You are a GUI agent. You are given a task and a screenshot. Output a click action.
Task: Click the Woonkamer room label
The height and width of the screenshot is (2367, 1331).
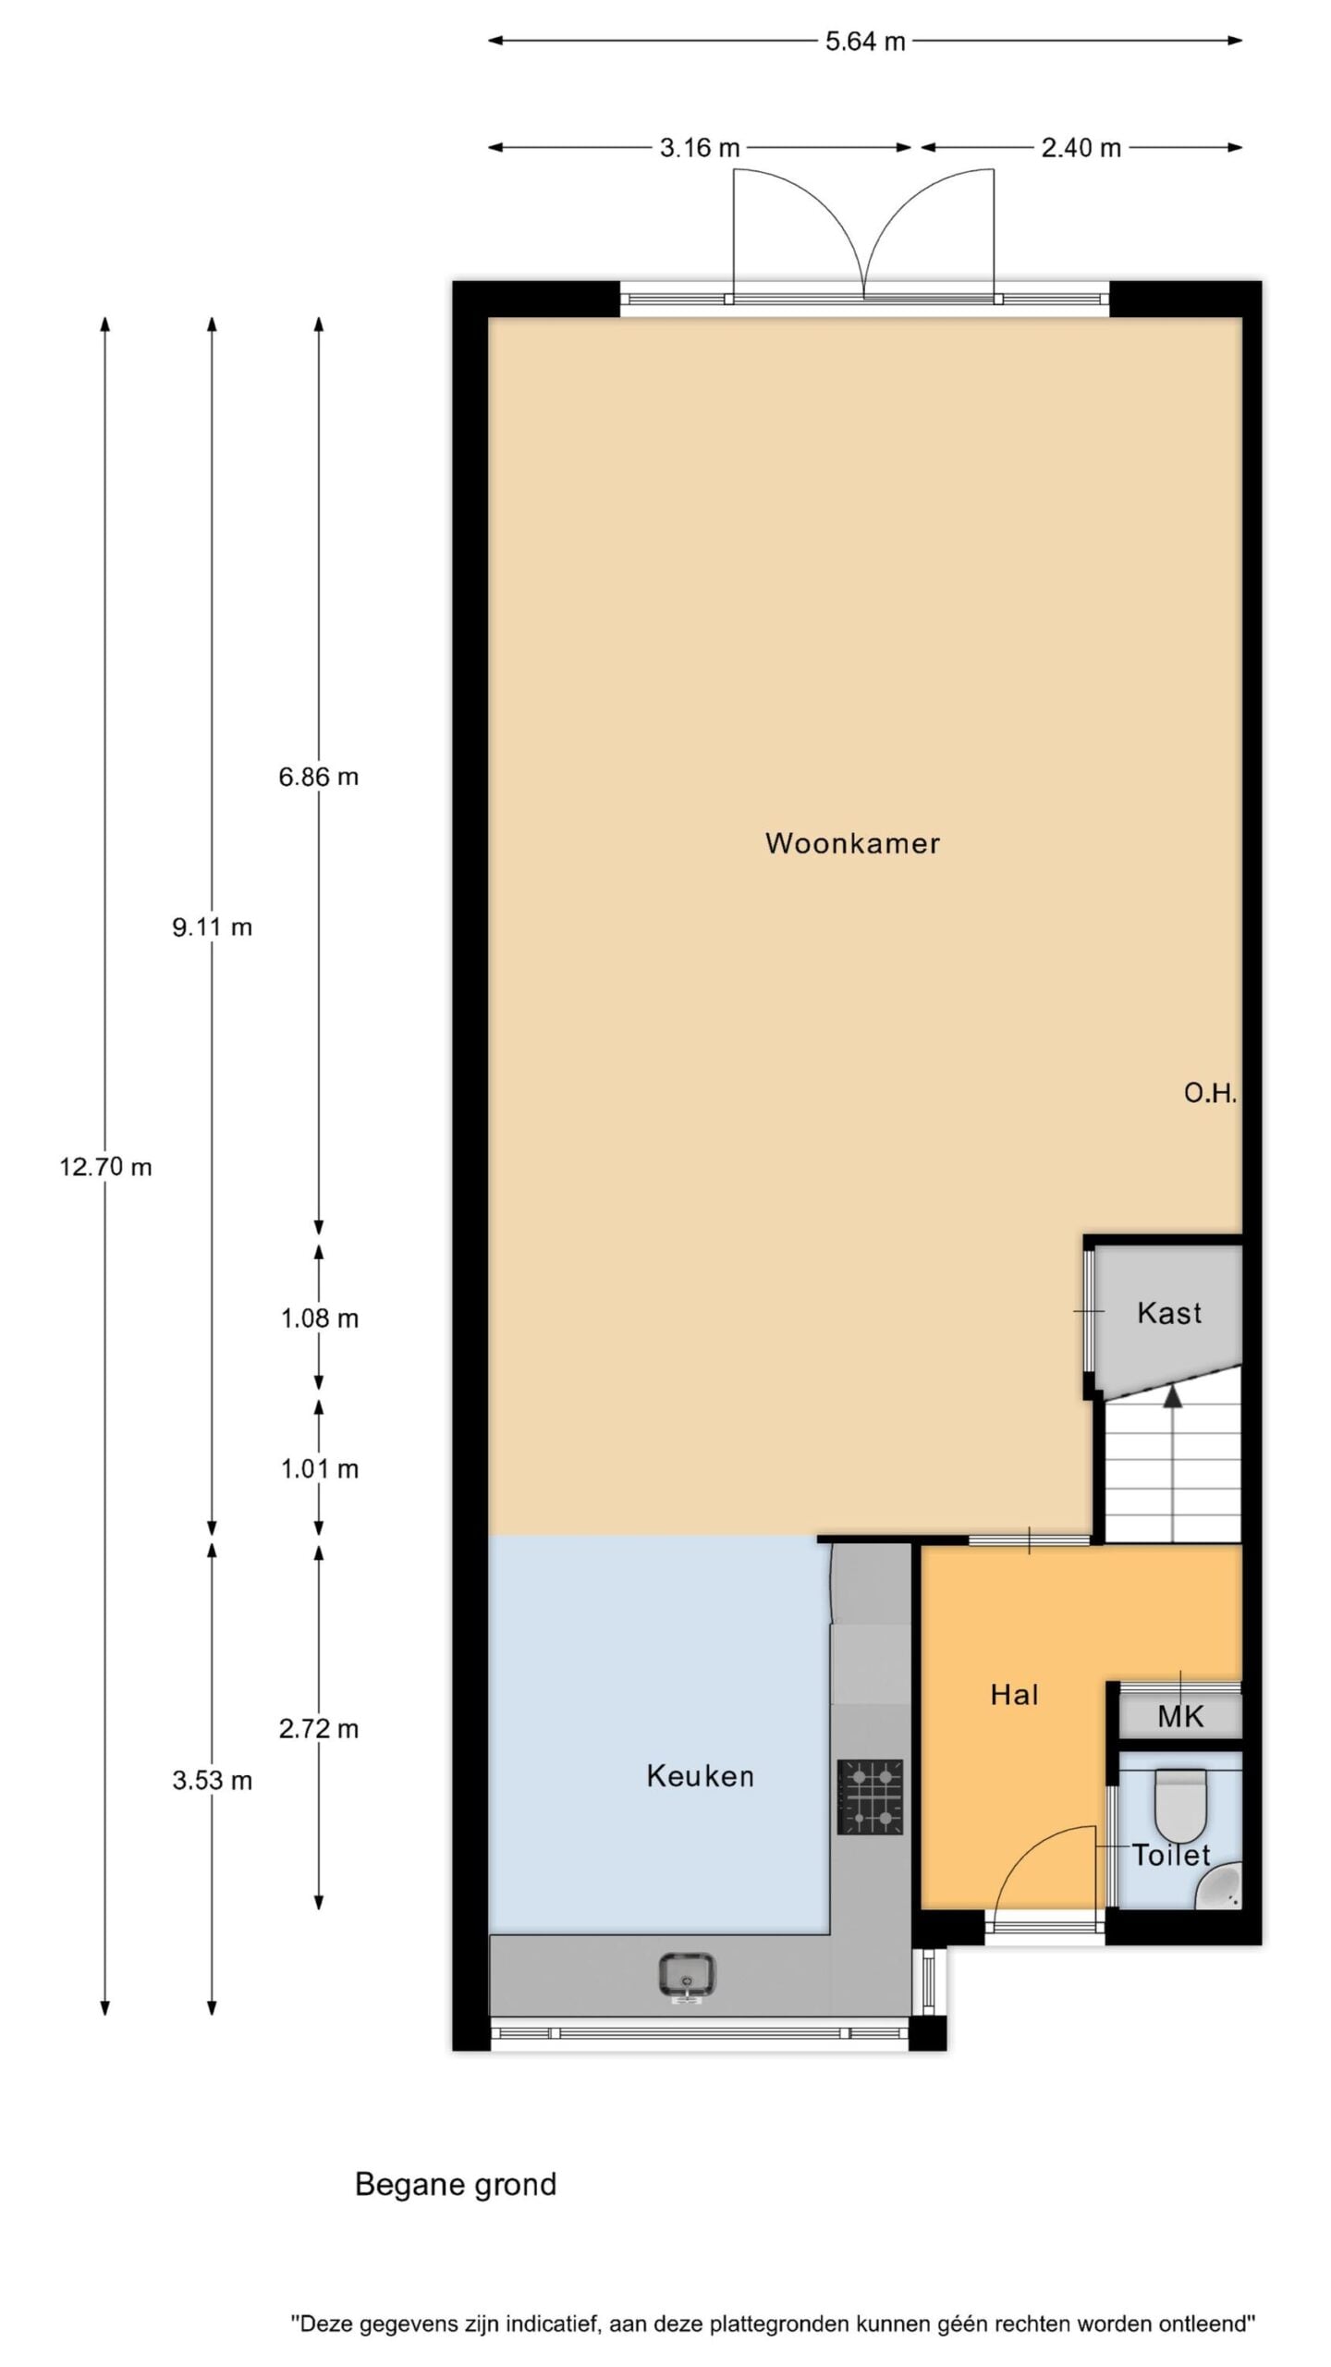point(852,843)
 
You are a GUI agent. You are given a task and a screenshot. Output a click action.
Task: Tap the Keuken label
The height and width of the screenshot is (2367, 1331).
point(700,1795)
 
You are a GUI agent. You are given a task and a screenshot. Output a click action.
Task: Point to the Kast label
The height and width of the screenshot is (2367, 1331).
point(1169,1313)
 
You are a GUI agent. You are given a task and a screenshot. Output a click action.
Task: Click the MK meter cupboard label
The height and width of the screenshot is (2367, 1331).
point(1180,1717)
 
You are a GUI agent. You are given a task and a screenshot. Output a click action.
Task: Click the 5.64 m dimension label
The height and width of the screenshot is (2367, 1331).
point(865,42)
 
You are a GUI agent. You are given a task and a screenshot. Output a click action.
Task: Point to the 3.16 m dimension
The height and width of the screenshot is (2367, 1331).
point(700,148)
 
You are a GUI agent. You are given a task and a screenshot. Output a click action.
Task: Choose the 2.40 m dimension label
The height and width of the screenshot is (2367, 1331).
point(1081,148)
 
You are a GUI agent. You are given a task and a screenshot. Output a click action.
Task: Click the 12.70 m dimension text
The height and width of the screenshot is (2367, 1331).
point(105,1167)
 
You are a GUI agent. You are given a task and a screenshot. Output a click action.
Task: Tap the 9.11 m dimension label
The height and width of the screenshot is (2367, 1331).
point(212,927)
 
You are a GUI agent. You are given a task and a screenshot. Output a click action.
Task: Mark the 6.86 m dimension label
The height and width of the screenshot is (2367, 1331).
point(319,777)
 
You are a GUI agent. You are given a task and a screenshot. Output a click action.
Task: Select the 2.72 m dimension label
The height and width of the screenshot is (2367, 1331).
point(319,1729)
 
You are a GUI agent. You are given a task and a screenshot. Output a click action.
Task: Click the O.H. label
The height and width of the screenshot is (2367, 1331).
point(1210,1094)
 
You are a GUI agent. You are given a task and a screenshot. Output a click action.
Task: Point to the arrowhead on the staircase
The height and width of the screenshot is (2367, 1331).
point(1173,1395)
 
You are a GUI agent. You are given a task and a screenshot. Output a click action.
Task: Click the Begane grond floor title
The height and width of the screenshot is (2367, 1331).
point(456,2185)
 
